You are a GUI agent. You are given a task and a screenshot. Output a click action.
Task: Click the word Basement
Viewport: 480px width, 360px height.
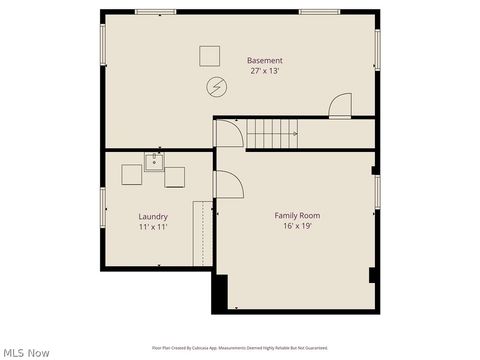point(265,61)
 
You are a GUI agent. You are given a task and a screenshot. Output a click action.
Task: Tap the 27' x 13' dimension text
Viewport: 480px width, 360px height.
point(265,71)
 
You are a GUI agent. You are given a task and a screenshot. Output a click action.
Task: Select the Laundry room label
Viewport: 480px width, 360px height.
point(153,216)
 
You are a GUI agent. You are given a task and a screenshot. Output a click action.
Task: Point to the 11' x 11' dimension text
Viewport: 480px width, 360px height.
point(153,227)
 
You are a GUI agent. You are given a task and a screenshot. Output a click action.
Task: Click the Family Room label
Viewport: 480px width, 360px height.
point(297,215)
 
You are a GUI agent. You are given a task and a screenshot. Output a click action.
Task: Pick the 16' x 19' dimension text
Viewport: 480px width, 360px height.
point(297,226)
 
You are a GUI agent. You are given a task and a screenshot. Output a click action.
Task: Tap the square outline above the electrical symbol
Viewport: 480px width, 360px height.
point(210,55)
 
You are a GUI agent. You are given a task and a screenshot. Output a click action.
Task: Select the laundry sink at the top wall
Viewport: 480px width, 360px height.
point(154,162)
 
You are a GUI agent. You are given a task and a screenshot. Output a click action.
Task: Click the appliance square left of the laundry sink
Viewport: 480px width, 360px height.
point(132,175)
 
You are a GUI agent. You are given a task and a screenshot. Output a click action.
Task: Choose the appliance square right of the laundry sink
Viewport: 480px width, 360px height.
point(175,177)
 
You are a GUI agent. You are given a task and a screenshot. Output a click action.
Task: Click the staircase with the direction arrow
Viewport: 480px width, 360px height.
point(272,131)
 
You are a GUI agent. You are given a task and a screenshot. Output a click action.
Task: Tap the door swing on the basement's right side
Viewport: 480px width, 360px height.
point(340,105)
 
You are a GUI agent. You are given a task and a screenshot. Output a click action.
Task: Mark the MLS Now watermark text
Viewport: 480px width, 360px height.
point(26,352)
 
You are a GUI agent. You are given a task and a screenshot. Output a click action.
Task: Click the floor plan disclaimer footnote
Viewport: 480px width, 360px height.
point(240,347)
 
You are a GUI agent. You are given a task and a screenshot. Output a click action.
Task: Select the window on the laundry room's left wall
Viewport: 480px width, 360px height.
point(102,206)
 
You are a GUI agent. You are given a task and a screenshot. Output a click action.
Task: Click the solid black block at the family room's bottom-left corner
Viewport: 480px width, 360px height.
point(219,293)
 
